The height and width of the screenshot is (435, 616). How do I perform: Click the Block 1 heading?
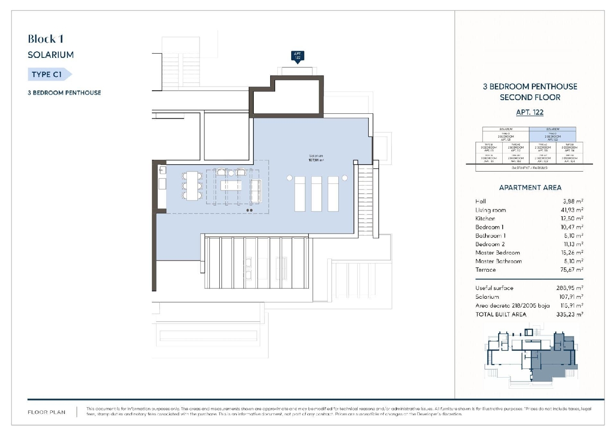(x=46, y=39)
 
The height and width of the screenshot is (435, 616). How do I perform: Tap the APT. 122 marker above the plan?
(x=298, y=56)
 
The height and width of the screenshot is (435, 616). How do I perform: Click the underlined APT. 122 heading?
(x=530, y=112)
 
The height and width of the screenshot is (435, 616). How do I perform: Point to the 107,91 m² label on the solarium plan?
(x=316, y=160)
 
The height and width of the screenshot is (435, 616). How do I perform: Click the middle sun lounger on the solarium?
(x=316, y=194)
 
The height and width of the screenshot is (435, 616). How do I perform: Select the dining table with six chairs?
(x=192, y=185)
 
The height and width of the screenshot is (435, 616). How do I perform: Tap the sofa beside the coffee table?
(x=256, y=191)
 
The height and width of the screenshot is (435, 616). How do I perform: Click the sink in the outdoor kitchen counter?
(x=163, y=170)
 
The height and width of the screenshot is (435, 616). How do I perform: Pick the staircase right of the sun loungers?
(x=365, y=201)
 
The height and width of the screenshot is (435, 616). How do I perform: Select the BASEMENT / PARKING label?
(x=529, y=168)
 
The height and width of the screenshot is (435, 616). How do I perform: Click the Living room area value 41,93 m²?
(x=572, y=210)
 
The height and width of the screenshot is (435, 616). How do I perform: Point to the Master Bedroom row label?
(x=497, y=253)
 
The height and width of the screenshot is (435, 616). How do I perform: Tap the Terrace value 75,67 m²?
(x=572, y=270)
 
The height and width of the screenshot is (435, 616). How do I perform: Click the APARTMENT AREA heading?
(x=530, y=188)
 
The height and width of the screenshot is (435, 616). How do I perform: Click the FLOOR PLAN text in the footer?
(x=46, y=412)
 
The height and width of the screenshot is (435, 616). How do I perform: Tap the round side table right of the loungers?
(x=345, y=178)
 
